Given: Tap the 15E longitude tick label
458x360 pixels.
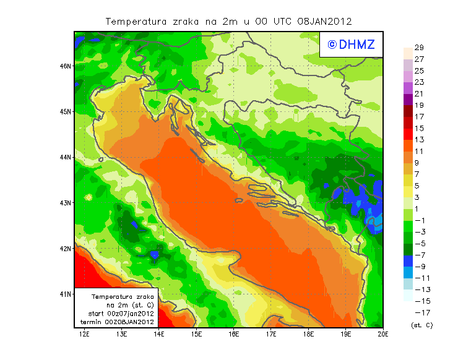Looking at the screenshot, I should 197,335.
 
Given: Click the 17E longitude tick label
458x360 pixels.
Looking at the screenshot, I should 271,335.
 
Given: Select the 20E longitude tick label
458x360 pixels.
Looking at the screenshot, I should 383,335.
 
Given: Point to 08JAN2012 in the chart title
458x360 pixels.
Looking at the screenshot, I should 324,21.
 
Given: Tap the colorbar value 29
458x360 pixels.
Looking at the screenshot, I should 418,48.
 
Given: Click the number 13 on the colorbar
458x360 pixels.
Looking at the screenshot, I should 418,140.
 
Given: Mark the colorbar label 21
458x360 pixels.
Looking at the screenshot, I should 418,93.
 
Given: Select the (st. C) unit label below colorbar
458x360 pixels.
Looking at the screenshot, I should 421,325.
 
